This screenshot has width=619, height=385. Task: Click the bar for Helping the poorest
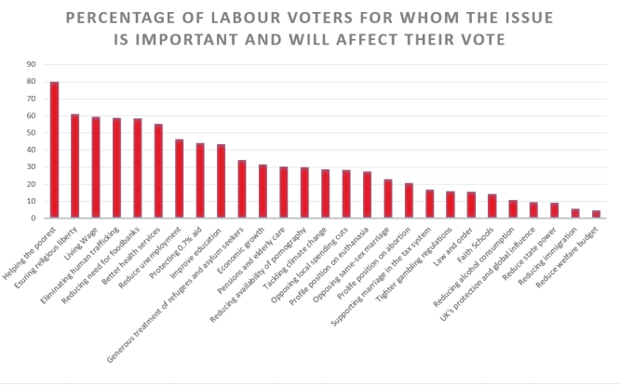coord(55,151)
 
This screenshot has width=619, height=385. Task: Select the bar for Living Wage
coord(96,167)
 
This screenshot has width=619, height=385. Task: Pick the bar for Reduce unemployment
coord(179,179)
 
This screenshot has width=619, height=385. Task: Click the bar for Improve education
coord(221,181)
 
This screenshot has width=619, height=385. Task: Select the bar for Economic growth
coord(262,192)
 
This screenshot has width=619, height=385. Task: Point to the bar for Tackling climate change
coord(325,194)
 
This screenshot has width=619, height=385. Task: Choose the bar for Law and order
coord(471,206)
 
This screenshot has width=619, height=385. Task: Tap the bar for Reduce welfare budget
coord(596,215)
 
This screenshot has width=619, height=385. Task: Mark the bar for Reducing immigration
coord(575,214)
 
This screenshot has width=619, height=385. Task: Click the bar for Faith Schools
coord(491,206)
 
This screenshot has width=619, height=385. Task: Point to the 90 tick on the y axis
coord(32,64)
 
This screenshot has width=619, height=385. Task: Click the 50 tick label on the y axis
coord(32,133)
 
